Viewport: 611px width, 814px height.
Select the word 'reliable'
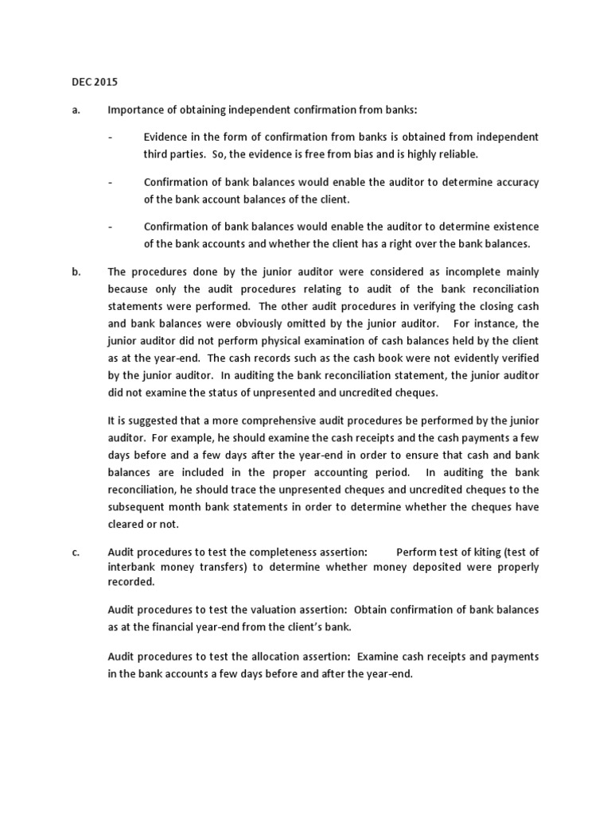coord(457,154)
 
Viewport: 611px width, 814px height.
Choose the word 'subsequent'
coord(134,507)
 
